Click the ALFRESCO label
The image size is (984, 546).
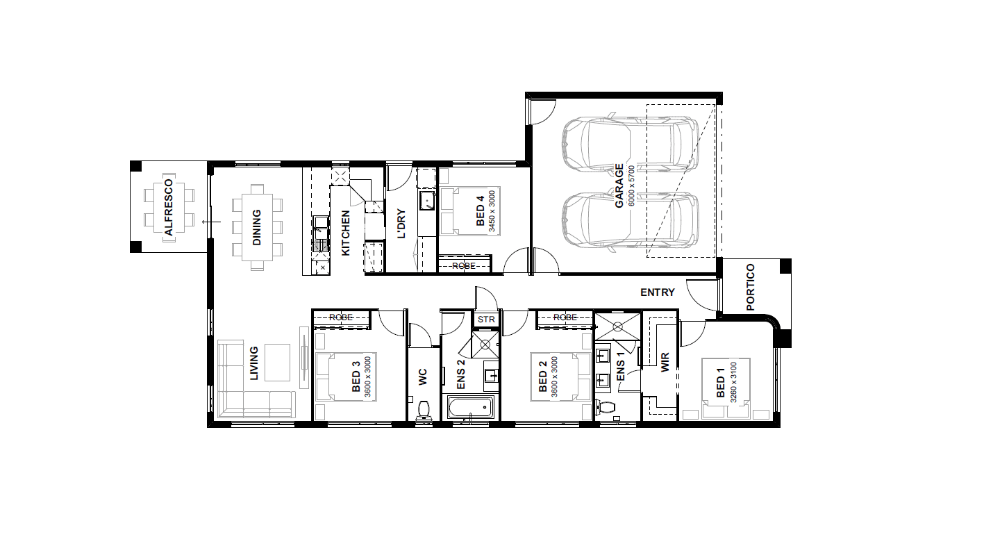(169, 207)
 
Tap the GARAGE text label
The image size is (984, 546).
(619, 185)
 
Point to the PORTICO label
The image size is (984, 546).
(750, 288)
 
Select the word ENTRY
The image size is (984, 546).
(657, 292)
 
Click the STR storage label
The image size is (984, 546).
(486, 320)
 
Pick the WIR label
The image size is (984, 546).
(665, 362)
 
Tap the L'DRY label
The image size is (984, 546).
(401, 224)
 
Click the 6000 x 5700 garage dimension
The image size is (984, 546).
(632, 185)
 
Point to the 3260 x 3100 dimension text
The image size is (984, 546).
(733, 383)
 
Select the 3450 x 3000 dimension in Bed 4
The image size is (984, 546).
(492, 211)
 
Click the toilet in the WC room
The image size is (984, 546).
(424, 411)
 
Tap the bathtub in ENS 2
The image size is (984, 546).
(471, 408)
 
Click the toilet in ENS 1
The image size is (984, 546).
(606, 407)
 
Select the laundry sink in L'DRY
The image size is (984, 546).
(426, 201)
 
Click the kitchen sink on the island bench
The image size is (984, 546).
(321, 233)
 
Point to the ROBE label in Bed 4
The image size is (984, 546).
(463, 266)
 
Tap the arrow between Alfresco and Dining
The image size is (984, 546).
(211, 222)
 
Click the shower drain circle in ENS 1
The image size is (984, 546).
(617, 326)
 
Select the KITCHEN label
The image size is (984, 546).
(346, 233)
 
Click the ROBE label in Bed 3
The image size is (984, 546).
(341, 317)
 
